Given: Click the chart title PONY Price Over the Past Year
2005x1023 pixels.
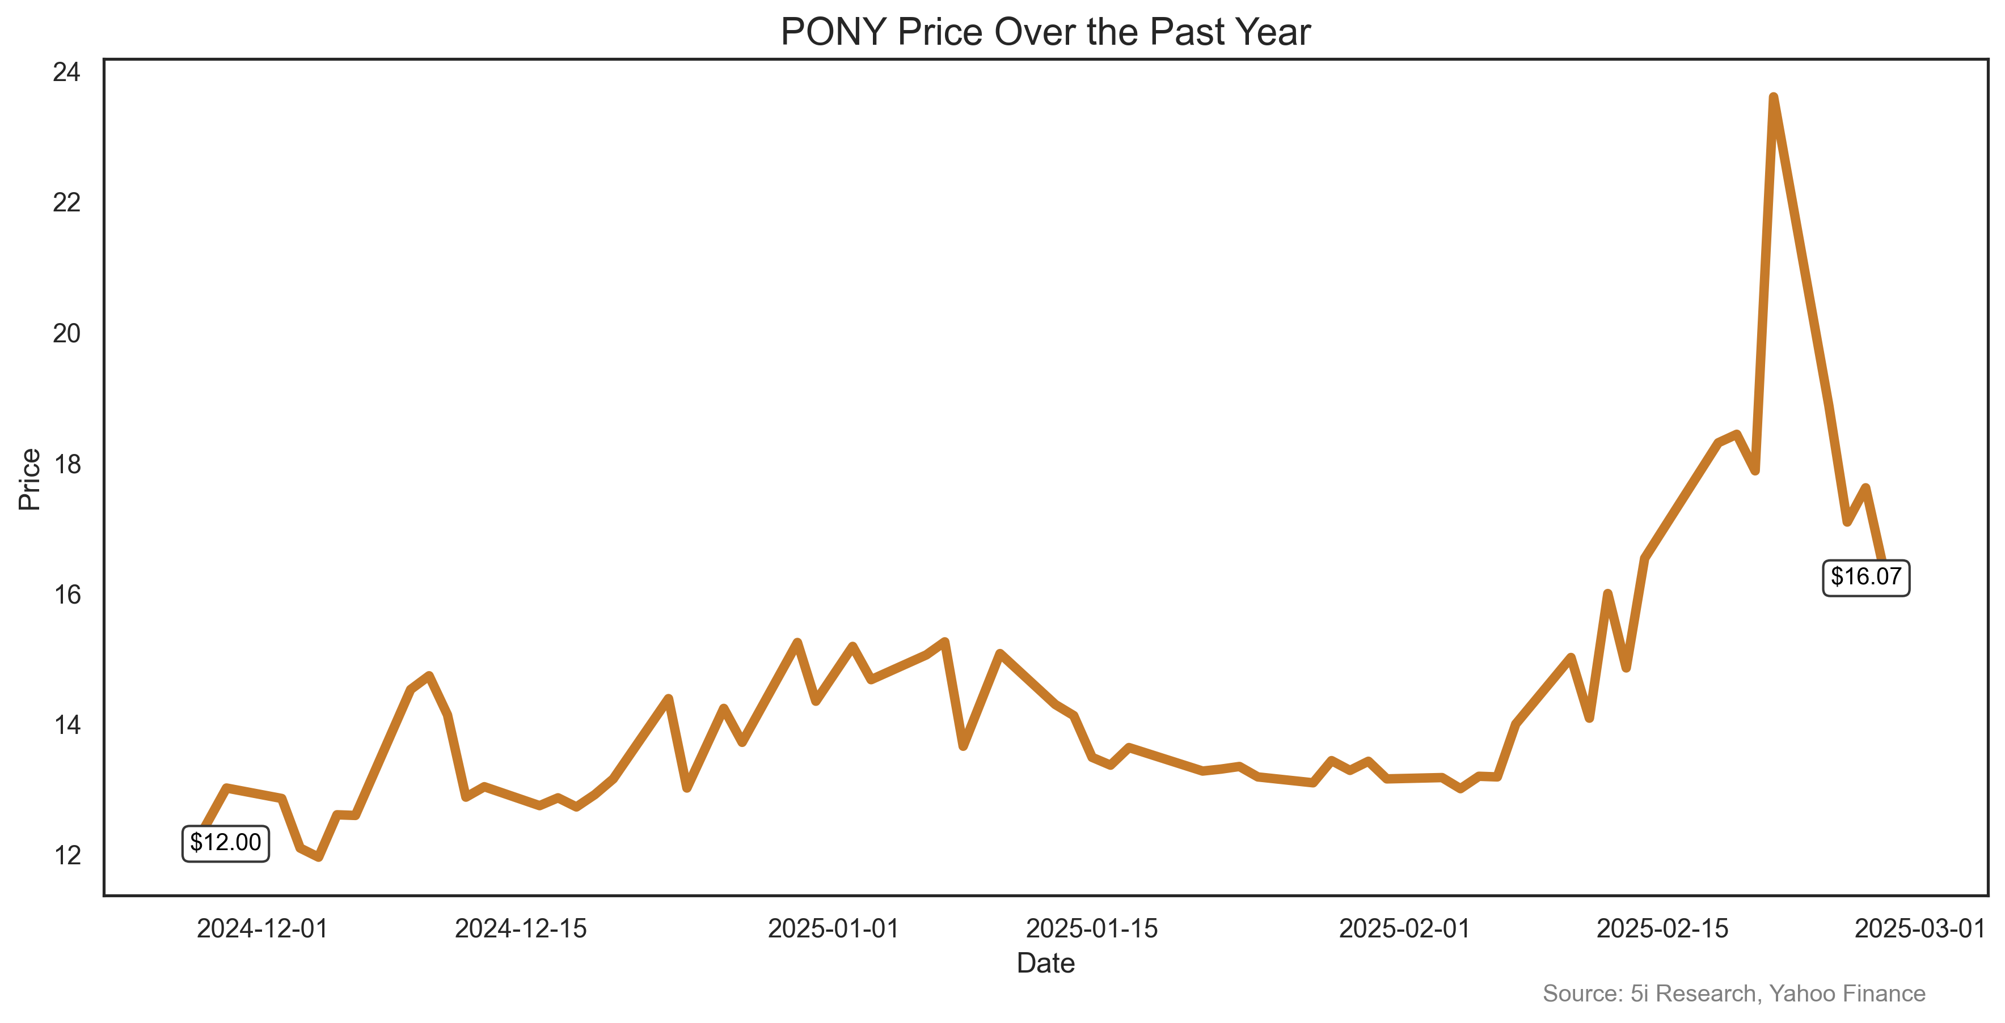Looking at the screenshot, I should click(1045, 33).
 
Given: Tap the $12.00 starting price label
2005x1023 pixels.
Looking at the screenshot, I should click(226, 843).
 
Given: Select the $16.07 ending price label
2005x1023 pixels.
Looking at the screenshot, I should click(1865, 576).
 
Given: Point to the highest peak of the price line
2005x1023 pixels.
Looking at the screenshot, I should click(1773, 97).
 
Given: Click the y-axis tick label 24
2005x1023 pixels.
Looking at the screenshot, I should click(67, 73).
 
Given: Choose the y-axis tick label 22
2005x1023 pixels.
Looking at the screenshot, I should click(67, 203).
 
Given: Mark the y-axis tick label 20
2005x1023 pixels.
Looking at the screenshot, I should click(67, 334).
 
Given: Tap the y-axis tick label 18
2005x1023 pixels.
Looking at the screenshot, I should click(67, 464).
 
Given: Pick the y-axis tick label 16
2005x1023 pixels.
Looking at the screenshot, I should click(67, 595).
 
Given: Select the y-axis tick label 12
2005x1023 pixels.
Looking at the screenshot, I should click(67, 856).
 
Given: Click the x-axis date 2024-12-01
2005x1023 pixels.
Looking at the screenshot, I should click(262, 928).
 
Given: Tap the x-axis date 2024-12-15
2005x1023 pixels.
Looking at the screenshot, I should click(520, 928).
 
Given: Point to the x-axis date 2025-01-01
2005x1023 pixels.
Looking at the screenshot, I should click(834, 928).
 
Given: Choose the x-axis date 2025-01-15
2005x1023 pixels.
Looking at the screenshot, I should click(1091, 928).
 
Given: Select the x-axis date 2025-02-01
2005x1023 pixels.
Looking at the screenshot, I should click(1404, 928).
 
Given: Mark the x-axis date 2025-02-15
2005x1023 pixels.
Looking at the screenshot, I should click(1662, 928).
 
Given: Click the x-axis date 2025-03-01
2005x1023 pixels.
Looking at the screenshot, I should click(1920, 928).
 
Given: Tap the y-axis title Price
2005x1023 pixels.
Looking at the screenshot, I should click(29, 479).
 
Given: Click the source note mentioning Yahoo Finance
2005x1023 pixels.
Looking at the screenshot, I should click(1733, 994).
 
